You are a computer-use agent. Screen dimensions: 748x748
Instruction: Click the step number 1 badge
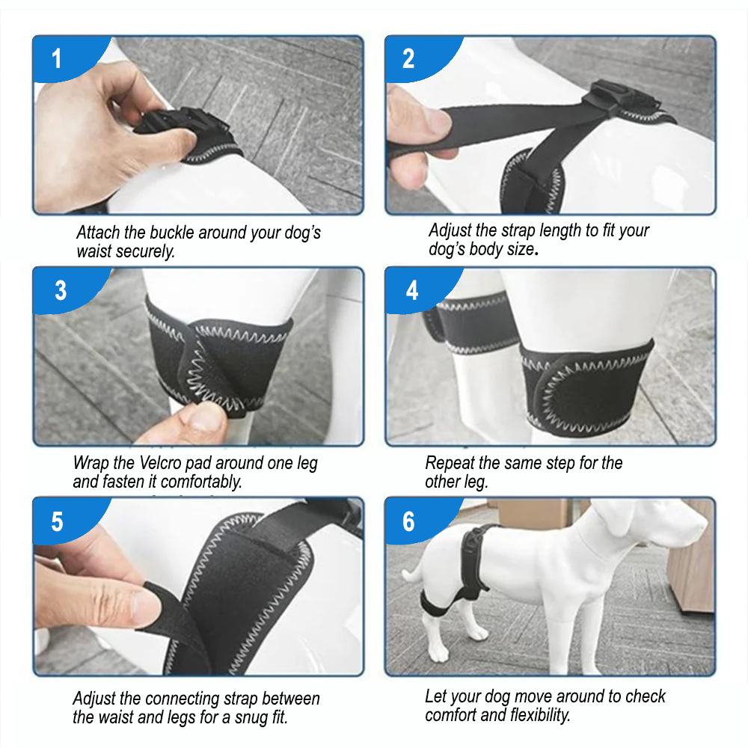click(x=67, y=58)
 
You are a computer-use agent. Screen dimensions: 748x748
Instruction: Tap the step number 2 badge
click(x=419, y=58)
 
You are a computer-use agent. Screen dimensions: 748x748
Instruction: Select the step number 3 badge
click(x=67, y=290)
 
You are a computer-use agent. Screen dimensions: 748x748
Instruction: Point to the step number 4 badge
click(x=419, y=290)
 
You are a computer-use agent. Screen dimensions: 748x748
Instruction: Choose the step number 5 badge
click(x=67, y=521)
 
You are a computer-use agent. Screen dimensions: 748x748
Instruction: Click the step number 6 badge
click(x=419, y=521)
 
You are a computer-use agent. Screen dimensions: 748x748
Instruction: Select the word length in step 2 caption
click(x=560, y=230)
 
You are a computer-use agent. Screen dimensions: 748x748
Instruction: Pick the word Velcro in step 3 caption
click(x=160, y=463)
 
